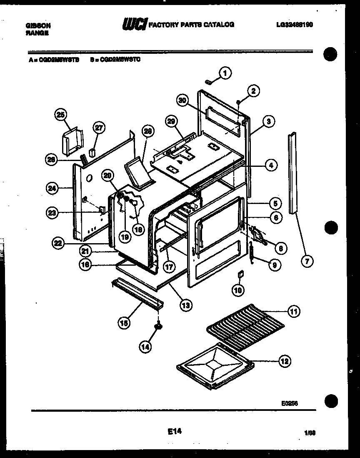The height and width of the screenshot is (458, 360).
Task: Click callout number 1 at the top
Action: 225,73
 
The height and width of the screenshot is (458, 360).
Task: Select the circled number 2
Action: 253,91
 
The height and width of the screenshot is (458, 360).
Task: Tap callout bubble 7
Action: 307,262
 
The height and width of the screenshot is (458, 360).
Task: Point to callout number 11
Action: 294,311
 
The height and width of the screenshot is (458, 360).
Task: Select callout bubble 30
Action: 182,101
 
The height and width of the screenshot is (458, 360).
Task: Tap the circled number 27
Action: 99,128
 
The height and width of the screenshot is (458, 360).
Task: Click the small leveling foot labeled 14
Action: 158,327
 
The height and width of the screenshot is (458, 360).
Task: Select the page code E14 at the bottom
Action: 175,432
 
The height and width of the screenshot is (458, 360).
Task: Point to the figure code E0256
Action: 289,403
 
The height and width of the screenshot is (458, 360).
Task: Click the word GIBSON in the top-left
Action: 38,25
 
